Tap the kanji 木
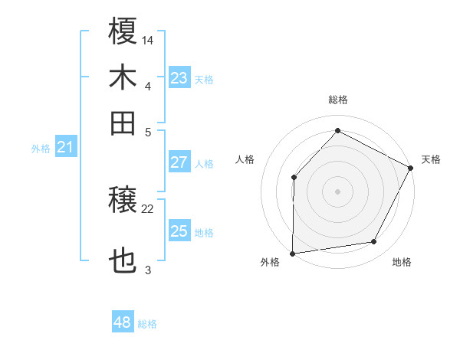[x=123, y=77]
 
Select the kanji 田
[x=123, y=123]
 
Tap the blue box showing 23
[x=179, y=78]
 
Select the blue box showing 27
[x=179, y=162]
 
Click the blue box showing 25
[x=179, y=231]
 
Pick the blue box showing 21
[x=64, y=147]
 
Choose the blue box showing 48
[x=123, y=322]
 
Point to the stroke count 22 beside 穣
[x=148, y=208]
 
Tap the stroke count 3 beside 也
[x=148, y=270]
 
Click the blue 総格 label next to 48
[x=147, y=324]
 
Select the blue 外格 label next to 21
[x=40, y=149]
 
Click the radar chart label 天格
[x=431, y=159]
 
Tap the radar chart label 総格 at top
[x=337, y=100]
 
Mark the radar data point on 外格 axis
[x=292, y=253]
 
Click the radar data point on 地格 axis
[x=374, y=242]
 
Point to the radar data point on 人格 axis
[x=294, y=177]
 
